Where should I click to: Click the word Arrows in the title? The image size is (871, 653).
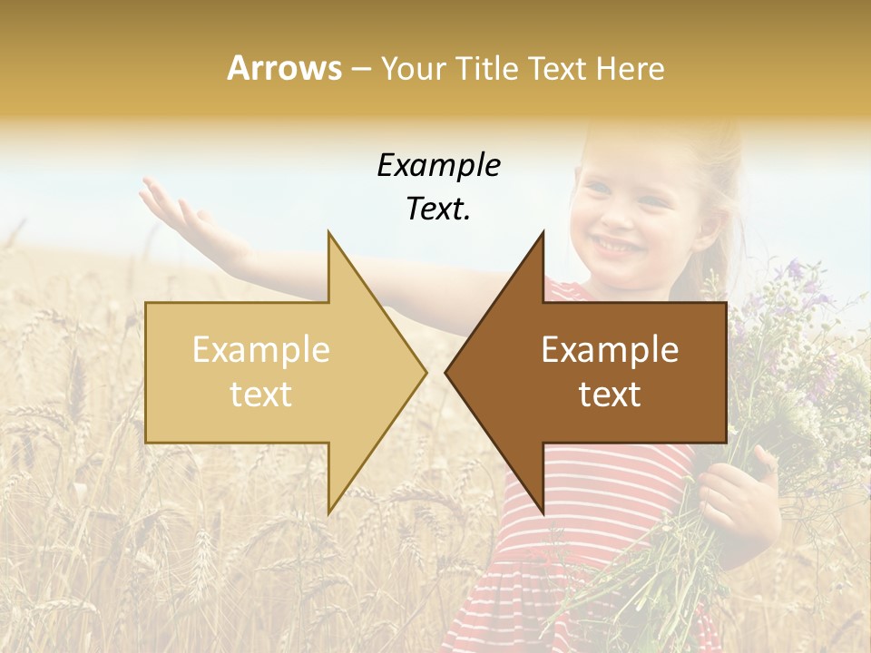285,68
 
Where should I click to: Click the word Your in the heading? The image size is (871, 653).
412,68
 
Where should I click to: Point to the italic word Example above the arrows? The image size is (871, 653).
438,166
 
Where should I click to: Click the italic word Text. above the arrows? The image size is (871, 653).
438,210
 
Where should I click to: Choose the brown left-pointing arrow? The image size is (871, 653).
608,372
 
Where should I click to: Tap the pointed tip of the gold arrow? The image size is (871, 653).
423,372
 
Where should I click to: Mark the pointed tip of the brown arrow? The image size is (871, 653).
448,372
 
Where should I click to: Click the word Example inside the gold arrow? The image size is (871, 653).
261,350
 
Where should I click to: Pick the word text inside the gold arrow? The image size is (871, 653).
261,395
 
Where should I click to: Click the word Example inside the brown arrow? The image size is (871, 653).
610,350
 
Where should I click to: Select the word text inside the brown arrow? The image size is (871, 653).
610,395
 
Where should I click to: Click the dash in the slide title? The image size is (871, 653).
360,70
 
